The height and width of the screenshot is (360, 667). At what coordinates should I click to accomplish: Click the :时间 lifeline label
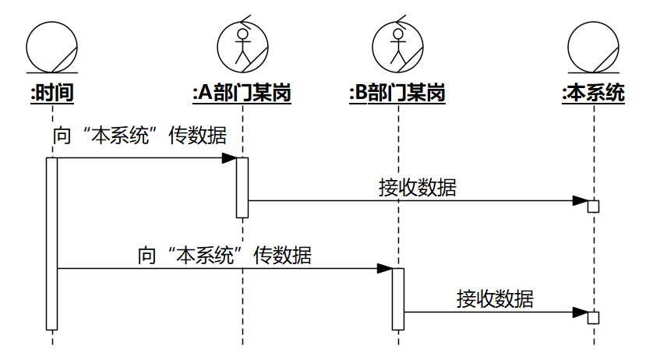(x=51, y=94)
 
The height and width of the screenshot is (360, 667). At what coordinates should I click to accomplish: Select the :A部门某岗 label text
(x=242, y=94)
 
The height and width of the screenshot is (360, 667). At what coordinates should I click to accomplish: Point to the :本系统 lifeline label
(x=593, y=94)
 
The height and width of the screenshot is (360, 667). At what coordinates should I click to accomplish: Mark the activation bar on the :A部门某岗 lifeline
(x=242, y=187)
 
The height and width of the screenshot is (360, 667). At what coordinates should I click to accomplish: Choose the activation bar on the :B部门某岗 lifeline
(x=398, y=298)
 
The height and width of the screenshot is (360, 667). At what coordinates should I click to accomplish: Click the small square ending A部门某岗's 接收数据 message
(x=593, y=206)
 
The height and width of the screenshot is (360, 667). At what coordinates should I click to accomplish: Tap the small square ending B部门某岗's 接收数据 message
(x=593, y=317)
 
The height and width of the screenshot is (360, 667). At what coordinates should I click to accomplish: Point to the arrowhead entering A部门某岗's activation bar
(x=228, y=158)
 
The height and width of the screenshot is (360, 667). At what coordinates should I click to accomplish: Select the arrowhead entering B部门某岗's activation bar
(x=384, y=269)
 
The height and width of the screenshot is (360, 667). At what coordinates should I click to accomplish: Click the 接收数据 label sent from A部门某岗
(x=418, y=188)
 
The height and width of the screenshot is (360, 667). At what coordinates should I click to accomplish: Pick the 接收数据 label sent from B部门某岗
(x=496, y=298)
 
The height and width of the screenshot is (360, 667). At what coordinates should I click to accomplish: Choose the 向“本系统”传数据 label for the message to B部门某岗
(x=224, y=255)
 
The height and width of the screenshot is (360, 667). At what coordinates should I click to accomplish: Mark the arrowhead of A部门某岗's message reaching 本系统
(x=580, y=200)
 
